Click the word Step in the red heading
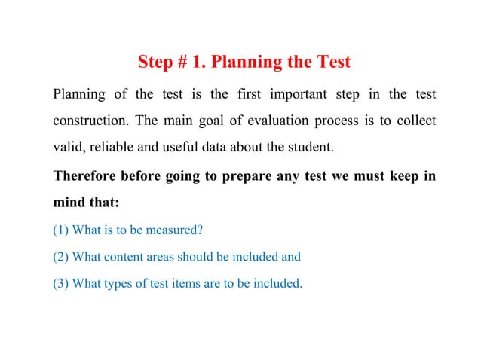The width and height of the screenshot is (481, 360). point(156,62)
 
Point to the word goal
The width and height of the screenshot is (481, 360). point(210,121)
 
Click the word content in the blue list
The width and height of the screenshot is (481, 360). point(125,256)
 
